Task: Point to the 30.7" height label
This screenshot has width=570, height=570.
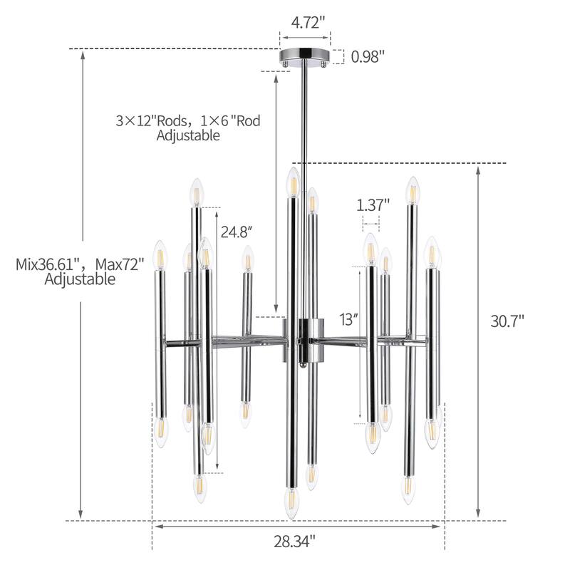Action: click(x=507, y=321)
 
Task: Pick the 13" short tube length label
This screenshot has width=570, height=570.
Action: click(x=348, y=319)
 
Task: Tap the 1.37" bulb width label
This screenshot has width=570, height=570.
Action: click(x=373, y=205)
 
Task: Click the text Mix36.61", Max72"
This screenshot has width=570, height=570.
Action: click(x=80, y=264)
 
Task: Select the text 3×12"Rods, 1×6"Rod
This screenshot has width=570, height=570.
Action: click(x=188, y=120)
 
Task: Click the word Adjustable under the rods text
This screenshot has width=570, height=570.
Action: click(x=188, y=135)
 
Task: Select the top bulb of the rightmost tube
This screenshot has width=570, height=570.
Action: click(x=431, y=252)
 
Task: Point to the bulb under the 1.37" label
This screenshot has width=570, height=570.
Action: click(x=370, y=247)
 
